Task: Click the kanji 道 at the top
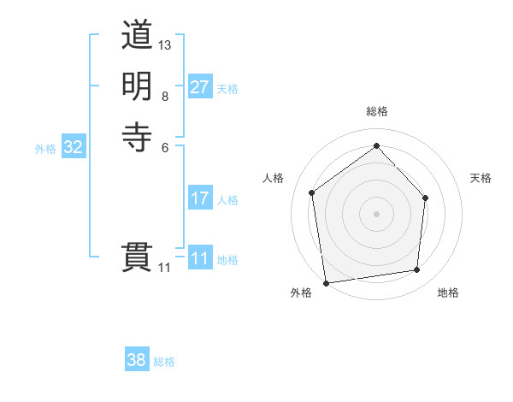[x=137, y=36]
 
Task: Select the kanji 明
[x=137, y=86]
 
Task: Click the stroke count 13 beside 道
[x=165, y=44]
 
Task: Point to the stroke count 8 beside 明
[x=164, y=96]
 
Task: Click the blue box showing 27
[x=199, y=87]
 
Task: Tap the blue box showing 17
[x=199, y=198]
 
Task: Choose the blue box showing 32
[x=74, y=147]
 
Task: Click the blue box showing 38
[x=136, y=360]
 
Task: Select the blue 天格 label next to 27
[x=227, y=89]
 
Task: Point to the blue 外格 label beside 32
[x=45, y=149]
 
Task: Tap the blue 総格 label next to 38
[x=164, y=362]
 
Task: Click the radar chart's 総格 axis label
[x=376, y=111]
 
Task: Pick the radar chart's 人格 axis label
[x=274, y=178]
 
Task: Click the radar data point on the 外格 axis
[x=326, y=282]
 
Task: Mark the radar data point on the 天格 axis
[x=426, y=198]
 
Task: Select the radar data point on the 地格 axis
[x=417, y=270]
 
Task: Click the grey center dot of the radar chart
[x=376, y=213]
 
